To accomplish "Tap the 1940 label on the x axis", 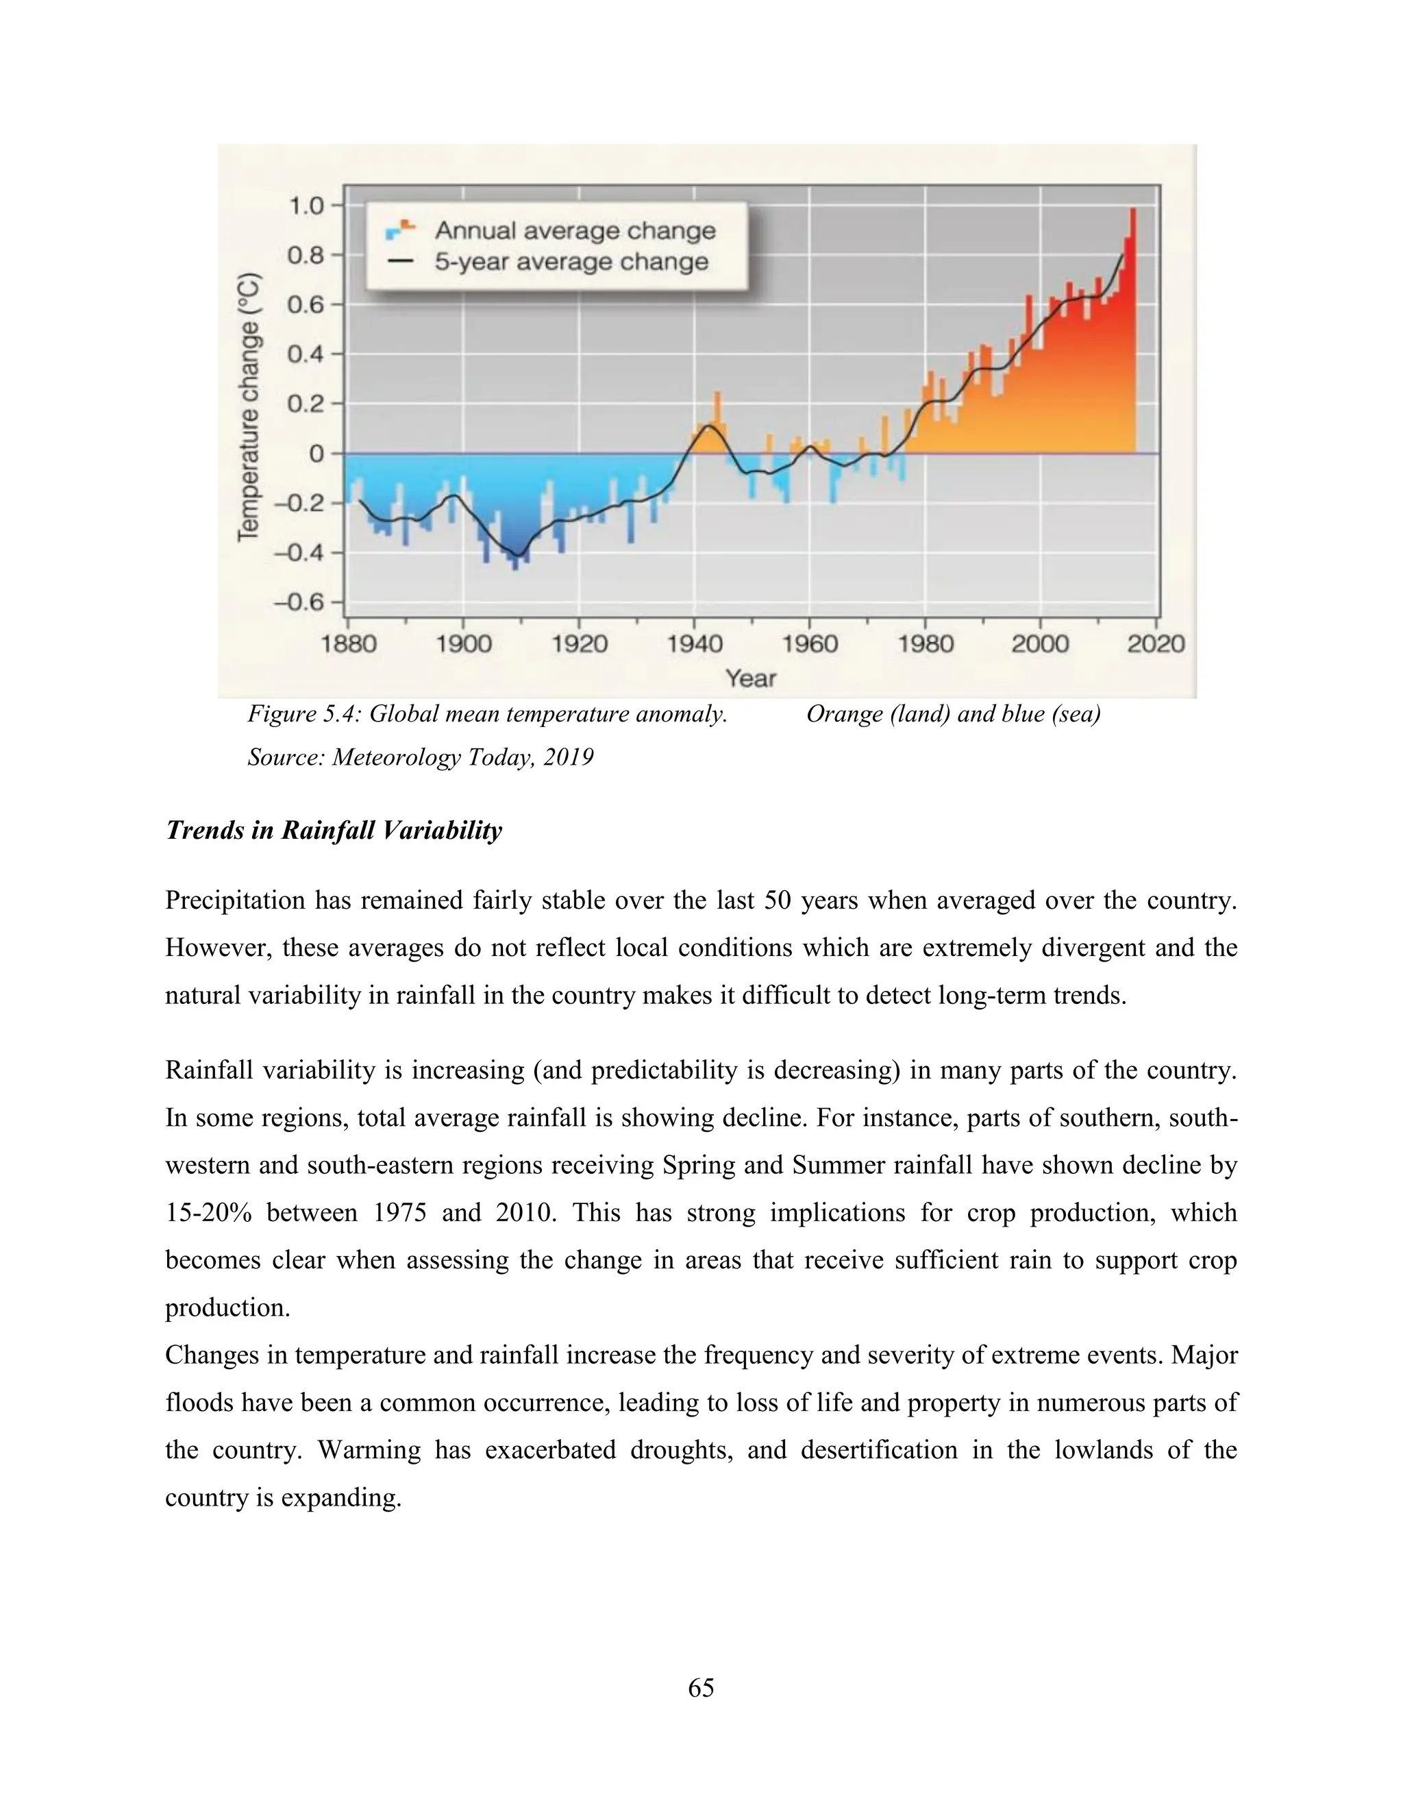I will coord(695,644).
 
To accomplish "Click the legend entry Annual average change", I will coord(574,230).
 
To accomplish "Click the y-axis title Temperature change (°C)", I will coord(249,408).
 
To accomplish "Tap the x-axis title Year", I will coord(751,678).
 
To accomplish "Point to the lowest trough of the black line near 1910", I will coord(517,554).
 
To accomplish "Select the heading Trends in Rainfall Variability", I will coord(334,831).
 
